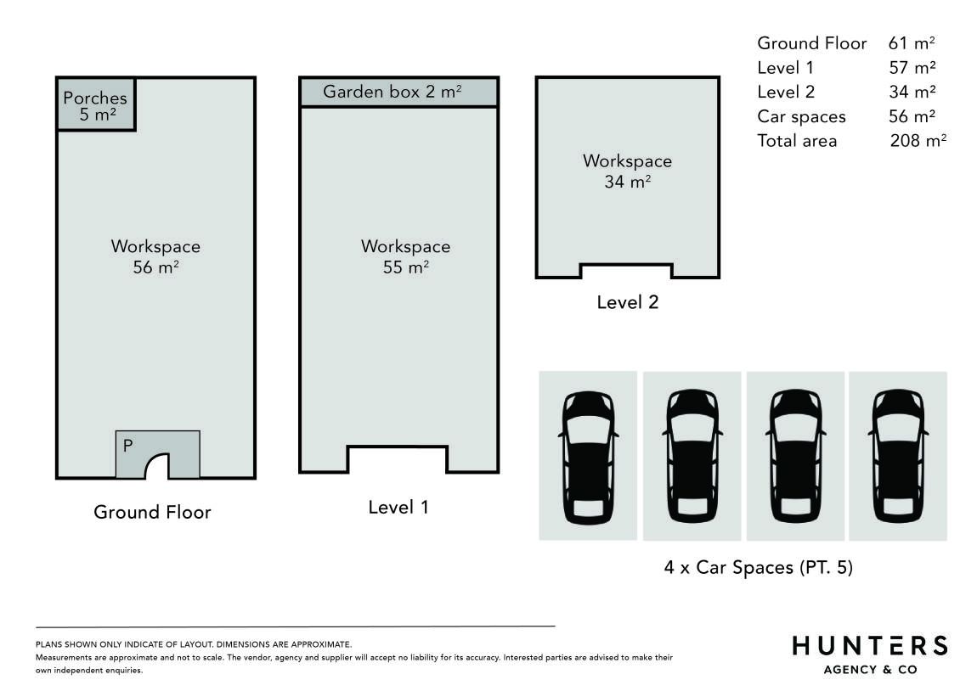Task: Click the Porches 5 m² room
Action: pyautogui.click(x=95, y=104)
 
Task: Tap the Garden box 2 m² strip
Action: pyautogui.click(x=398, y=93)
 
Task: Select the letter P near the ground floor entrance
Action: pyautogui.click(x=127, y=446)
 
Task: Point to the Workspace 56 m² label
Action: pyautogui.click(x=155, y=256)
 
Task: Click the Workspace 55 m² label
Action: pyautogui.click(x=405, y=256)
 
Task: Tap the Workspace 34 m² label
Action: pyautogui.click(x=628, y=171)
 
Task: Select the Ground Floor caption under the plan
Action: pyautogui.click(x=153, y=512)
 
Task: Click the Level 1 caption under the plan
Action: pyautogui.click(x=398, y=507)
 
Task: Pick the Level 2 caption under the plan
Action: pyautogui.click(x=628, y=302)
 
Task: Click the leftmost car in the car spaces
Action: pyautogui.click(x=588, y=457)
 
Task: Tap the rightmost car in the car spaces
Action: pyautogui.click(x=898, y=457)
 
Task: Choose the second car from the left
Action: pyautogui.click(x=692, y=457)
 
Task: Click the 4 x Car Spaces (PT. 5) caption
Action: pyautogui.click(x=759, y=567)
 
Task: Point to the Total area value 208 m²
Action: pyautogui.click(x=918, y=140)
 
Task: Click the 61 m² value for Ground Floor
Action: pyautogui.click(x=912, y=43)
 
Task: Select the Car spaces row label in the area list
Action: pyautogui.click(x=801, y=117)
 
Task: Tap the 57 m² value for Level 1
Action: pyautogui.click(x=912, y=67)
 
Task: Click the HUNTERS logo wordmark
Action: pyautogui.click(x=870, y=645)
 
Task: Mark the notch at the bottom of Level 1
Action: pyautogui.click(x=398, y=458)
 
